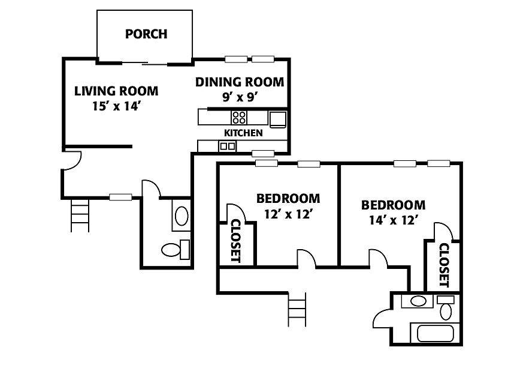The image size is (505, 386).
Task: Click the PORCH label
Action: tap(146, 34)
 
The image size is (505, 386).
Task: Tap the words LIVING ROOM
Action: tap(116, 91)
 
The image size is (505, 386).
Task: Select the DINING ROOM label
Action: tap(240, 82)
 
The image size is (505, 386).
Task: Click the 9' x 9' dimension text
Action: tap(241, 97)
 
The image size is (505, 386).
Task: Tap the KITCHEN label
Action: tap(243, 133)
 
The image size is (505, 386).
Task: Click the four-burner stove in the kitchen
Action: tap(239, 118)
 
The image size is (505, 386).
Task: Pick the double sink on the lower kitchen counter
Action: tap(228, 146)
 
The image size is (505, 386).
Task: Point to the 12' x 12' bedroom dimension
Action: tap(288, 214)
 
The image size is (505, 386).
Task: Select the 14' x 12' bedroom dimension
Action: tap(394, 220)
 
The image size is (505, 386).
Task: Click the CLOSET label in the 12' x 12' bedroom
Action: tap(236, 241)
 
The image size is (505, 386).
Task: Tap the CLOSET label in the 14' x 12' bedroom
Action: tap(444, 265)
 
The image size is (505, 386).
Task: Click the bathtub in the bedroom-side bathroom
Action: tap(436, 333)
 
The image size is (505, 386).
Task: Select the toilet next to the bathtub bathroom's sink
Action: tap(446, 307)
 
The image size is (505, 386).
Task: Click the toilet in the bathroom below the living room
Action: tap(175, 250)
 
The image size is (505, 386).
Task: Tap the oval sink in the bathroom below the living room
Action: tap(182, 216)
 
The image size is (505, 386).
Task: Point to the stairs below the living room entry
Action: tap(80, 215)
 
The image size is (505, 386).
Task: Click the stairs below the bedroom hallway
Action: tap(297, 310)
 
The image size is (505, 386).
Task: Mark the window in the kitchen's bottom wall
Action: tap(263, 153)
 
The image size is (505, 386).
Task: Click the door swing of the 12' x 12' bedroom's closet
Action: tap(237, 213)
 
